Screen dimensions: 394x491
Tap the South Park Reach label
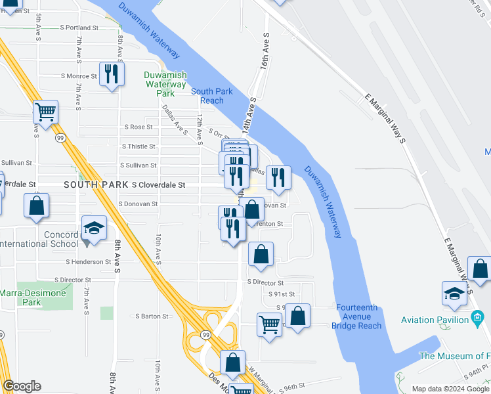(212, 96)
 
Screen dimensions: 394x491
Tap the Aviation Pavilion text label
(435, 320)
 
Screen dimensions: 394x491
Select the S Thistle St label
(138, 146)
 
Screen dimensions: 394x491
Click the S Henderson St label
(88, 261)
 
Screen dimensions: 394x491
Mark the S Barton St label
(152, 316)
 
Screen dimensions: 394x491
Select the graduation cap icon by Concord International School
(94, 228)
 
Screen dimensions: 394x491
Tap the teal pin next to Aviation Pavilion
(477, 320)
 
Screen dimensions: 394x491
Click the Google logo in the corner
(22, 386)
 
